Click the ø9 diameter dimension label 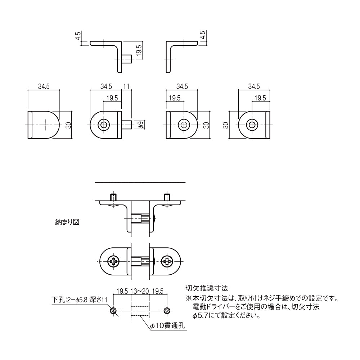point(141,125)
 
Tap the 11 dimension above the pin point(126,86)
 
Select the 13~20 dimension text point(140,291)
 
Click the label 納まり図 point(66,222)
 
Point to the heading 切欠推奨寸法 point(206,288)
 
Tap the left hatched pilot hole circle point(113,311)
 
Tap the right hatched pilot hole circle point(167,311)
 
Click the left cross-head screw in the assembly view point(114,261)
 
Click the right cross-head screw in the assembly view point(167,261)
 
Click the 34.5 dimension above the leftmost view point(43,86)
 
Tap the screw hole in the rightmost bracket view point(252,125)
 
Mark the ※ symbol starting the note point(188,299)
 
